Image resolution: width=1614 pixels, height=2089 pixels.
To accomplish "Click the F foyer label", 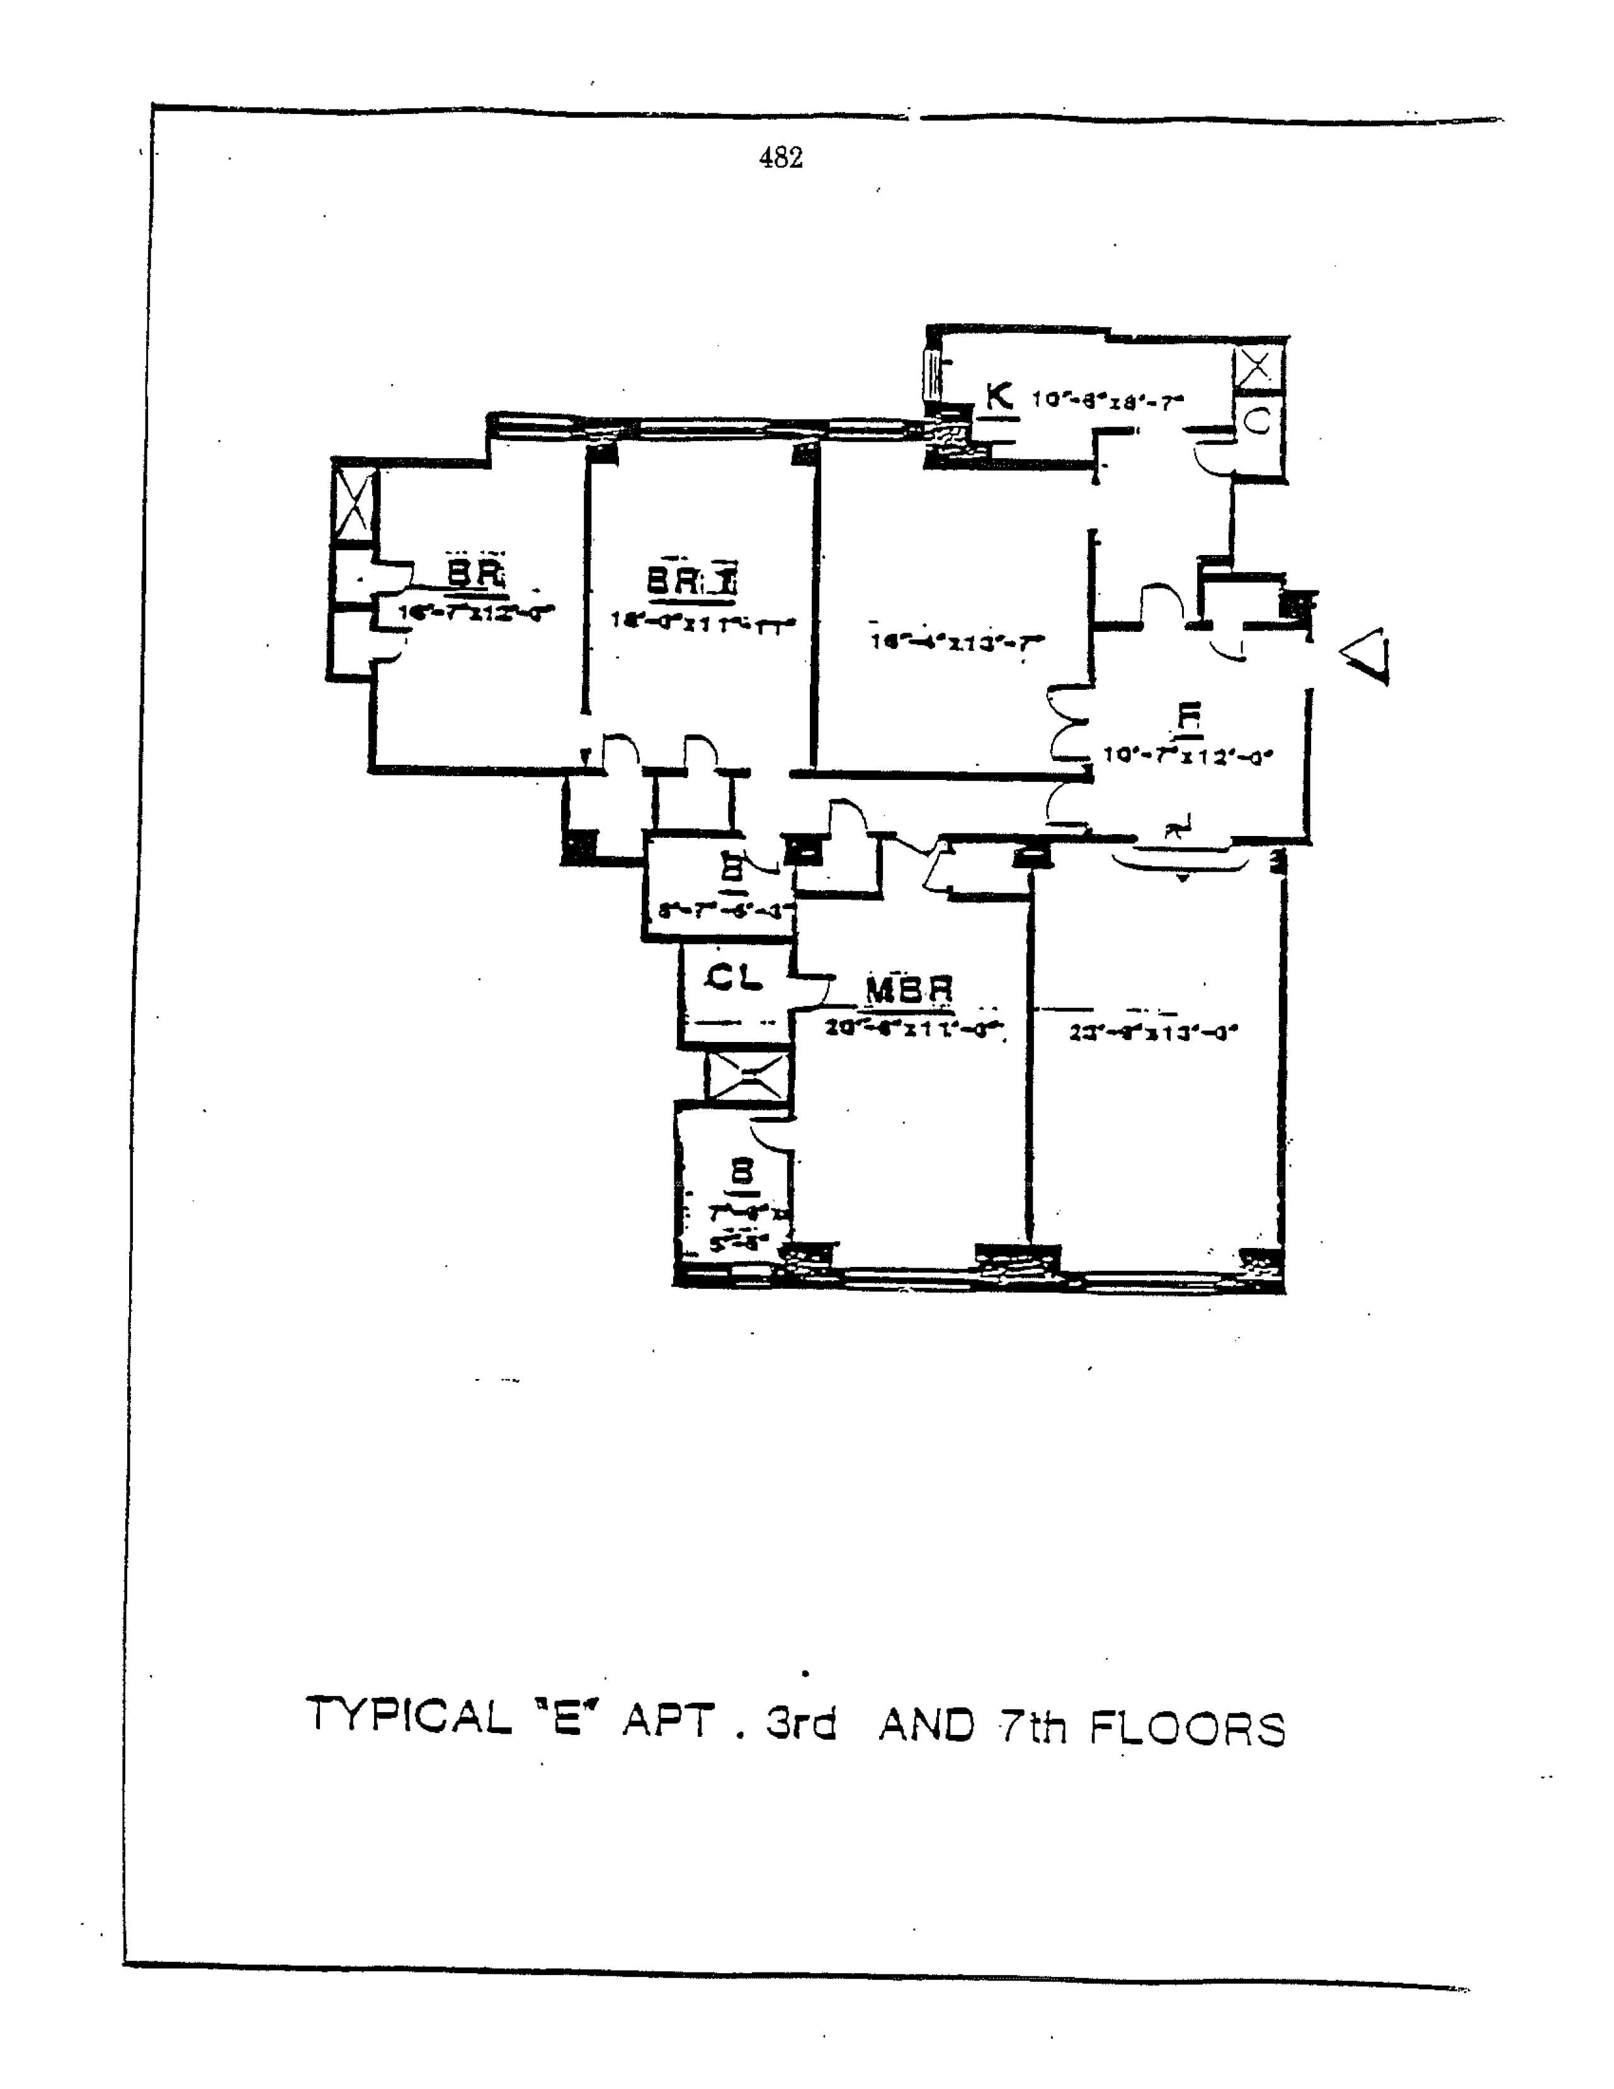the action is tap(1188, 718).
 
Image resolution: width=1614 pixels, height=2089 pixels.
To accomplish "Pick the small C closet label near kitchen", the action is tap(1258, 421).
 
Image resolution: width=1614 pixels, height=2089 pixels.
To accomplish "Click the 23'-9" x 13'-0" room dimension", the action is tap(1153, 1033).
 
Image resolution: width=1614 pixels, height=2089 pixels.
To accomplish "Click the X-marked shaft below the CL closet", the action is tap(747, 1076).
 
